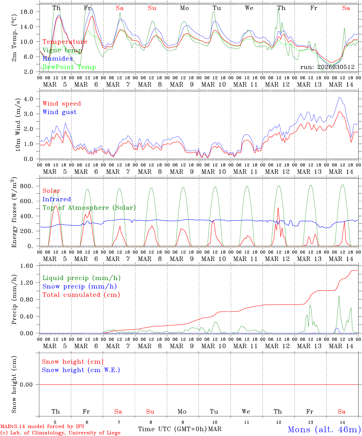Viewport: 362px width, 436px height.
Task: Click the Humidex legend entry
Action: click(x=58, y=59)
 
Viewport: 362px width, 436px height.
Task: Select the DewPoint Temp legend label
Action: click(x=69, y=67)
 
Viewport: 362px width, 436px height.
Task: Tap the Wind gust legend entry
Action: click(x=59, y=112)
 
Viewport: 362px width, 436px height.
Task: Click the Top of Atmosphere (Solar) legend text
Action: click(x=89, y=208)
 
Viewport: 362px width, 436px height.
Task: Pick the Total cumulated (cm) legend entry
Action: click(x=81, y=295)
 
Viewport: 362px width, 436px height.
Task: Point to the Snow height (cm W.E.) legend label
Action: click(x=81, y=370)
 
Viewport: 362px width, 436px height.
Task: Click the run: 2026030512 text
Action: click(x=327, y=67)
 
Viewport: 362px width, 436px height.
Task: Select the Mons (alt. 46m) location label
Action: click(x=324, y=429)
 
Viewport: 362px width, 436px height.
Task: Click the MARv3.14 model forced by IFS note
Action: click(x=42, y=427)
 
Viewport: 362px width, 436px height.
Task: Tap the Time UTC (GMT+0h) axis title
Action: click(x=172, y=429)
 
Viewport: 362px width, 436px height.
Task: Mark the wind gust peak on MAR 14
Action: click(x=340, y=97)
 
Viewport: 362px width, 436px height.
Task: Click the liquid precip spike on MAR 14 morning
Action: click(x=339, y=296)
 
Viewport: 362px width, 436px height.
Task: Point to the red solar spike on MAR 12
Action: click(x=278, y=208)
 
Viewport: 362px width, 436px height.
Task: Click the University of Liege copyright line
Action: click(x=60, y=433)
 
